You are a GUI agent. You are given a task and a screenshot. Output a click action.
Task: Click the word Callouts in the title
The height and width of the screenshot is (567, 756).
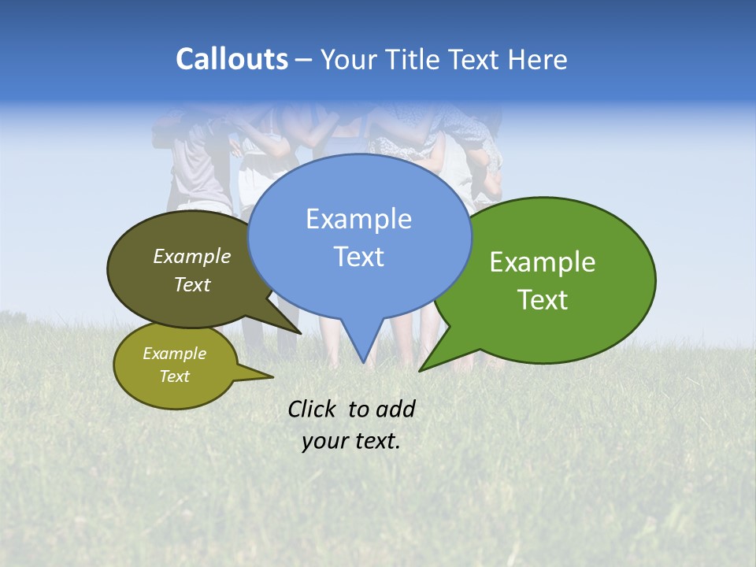[232, 59]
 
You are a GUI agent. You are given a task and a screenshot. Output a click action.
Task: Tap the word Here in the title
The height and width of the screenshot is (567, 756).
[539, 60]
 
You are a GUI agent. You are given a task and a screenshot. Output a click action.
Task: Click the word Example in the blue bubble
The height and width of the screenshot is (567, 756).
[358, 219]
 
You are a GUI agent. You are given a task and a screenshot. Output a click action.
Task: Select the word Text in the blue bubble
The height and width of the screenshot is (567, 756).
[359, 257]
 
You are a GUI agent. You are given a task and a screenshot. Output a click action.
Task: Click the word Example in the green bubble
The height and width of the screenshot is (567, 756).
[543, 262]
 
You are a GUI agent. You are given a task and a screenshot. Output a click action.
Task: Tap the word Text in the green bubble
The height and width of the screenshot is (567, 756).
[543, 300]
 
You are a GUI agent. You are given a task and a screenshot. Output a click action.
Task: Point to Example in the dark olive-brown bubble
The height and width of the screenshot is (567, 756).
[192, 257]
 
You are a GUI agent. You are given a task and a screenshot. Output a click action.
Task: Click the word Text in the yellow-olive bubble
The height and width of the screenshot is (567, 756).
[175, 376]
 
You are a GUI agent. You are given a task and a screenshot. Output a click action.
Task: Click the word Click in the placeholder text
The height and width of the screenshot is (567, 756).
[312, 409]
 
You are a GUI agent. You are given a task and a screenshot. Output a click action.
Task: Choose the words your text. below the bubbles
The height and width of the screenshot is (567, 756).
[350, 441]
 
